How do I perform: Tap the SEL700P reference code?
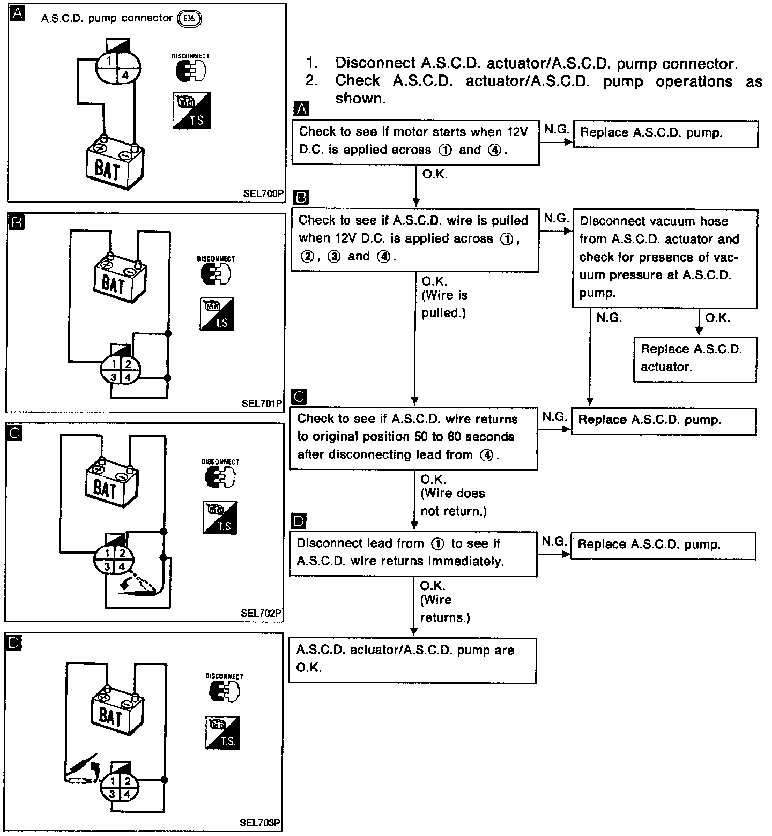[x=263, y=193]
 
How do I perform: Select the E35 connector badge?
[x=192, y=19]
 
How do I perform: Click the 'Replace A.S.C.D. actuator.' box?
[x=695, y=358]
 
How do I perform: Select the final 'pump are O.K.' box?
[x=412, y=660]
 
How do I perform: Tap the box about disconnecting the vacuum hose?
[x=664, y=257]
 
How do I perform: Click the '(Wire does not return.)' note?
[x=453, y=502]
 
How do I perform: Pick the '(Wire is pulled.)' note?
[x=444, y=304]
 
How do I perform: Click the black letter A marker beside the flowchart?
[x=302, y=109]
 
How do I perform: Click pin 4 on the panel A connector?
[x=125, y=76]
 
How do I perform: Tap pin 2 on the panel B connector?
[x=128, y=364]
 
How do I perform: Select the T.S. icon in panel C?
[x=220, y=518]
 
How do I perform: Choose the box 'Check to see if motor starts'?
[x=415, y=141]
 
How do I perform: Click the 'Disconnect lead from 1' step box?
[x=413, y=553]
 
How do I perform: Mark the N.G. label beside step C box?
[x=554, y=416]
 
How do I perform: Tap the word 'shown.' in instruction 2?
[x=360, y=99]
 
